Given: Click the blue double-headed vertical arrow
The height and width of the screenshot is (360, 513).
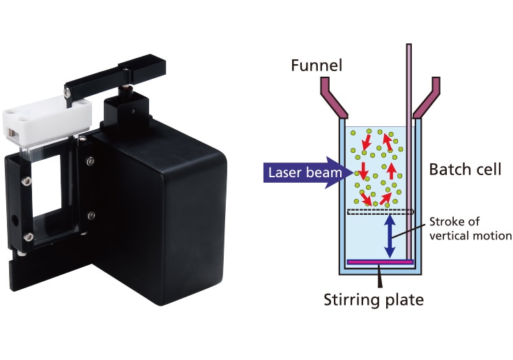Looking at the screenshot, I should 391,236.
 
